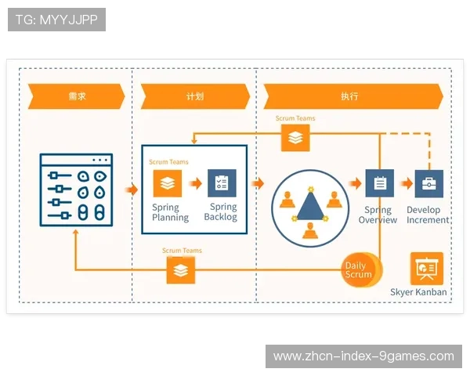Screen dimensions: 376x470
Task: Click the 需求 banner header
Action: [x=76, y=96]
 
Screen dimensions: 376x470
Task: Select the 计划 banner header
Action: [x=194, y=96]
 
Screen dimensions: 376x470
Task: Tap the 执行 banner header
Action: [x=350, y=96]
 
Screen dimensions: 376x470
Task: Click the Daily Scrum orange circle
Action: [x=360, y=269]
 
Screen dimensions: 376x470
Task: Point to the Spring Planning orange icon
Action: [x=166, y=183]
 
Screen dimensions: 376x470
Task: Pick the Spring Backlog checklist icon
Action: [x=222, y=183]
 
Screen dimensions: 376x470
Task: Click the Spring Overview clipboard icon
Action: [x=380, y=184]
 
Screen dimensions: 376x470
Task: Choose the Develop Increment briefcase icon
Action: [x=428, y=184]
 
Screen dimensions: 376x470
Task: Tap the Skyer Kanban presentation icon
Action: [x=427, y=269]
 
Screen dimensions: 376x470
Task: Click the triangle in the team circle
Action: [x=310, y=205]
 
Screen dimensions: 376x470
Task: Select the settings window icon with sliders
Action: [x=76, y=190]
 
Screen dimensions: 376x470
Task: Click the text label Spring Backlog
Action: [x=220, y=212]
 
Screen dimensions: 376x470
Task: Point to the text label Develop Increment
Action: [x=428, y=215]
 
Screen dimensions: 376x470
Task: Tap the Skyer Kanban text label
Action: [x=419, y=292]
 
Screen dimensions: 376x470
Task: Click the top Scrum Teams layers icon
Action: [x=295, y=137]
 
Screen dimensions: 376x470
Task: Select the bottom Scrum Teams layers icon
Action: [x=181, y=270]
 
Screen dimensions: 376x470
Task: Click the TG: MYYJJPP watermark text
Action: [x=56, y=20]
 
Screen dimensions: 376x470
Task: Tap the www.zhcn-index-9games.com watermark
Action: [x=363, y=356]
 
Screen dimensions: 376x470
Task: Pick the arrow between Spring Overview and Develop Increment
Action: [x=406, y=184]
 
